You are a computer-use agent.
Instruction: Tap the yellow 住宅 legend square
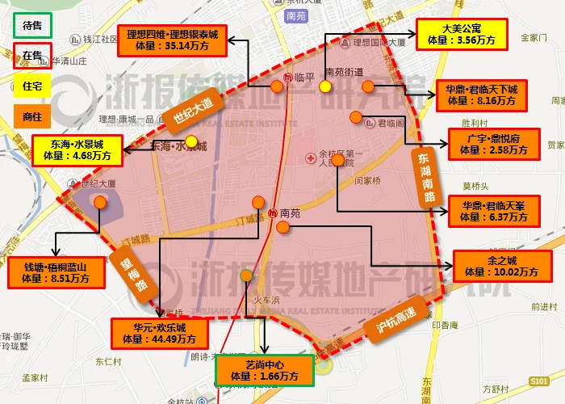click(32, 86)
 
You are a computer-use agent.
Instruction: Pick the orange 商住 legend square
click(32, 117)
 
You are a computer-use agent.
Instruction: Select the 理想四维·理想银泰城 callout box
click(172, 40)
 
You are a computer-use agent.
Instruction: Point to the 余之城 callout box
click(496, 266)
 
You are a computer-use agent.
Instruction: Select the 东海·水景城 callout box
click(78, 150)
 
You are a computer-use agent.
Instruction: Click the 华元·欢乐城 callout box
click(160, 334)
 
